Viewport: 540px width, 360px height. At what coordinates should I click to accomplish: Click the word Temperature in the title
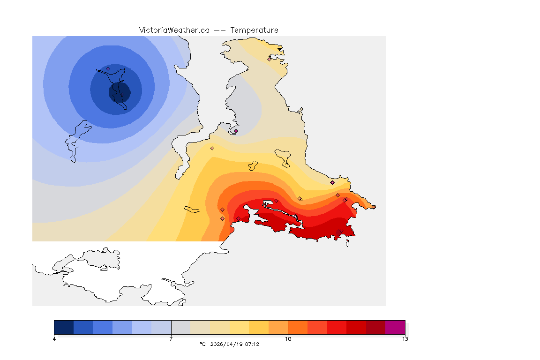255,30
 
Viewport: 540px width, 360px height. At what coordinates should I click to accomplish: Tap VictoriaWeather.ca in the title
174,30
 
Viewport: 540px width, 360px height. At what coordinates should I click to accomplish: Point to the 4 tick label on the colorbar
54,339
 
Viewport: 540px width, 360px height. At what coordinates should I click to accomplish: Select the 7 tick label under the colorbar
171,339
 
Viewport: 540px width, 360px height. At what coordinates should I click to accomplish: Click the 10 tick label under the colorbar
288,339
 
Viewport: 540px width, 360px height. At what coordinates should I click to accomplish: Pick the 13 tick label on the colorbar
405,339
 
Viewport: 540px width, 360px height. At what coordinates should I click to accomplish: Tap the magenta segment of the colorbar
395,327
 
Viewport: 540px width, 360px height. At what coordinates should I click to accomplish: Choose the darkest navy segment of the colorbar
64,327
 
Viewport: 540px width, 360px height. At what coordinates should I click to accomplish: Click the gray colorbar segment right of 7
180,327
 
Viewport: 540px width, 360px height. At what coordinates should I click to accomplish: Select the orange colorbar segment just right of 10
298,327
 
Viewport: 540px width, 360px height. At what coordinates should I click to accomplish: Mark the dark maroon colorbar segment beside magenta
375,327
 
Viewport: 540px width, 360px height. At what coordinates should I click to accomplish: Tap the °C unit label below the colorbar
202,344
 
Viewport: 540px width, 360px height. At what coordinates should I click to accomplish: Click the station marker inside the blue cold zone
108,68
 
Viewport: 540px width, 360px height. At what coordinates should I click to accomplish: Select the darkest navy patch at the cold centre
119,92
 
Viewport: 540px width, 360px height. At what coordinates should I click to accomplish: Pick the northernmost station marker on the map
269,59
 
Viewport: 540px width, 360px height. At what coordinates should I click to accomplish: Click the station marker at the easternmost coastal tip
374,207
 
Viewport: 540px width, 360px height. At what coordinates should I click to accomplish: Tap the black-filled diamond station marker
332,182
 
